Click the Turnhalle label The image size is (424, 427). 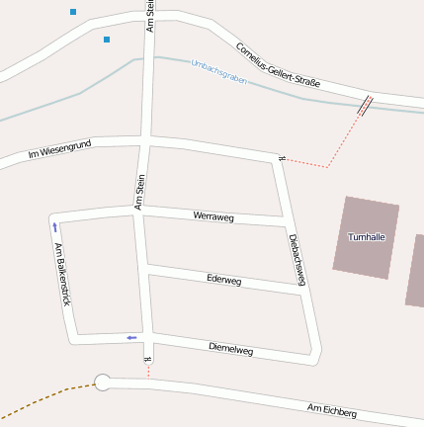[367, 237]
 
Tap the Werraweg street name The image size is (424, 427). [213, 215]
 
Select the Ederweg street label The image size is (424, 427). [224, 280]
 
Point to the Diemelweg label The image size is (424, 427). [231, 349]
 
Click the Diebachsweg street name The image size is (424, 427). [296, 259]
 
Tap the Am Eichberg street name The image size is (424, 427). [331, 410]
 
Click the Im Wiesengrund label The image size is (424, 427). [59, 150]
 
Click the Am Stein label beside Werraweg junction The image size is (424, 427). [140, 192]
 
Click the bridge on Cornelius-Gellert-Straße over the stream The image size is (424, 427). [365, 105]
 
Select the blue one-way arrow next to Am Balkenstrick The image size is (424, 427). [54, 228]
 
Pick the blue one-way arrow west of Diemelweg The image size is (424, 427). [130, 338]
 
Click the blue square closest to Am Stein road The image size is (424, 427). [107, 40]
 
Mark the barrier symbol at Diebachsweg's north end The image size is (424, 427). [283, 157]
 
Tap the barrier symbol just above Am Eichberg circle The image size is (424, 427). [148, 359]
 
